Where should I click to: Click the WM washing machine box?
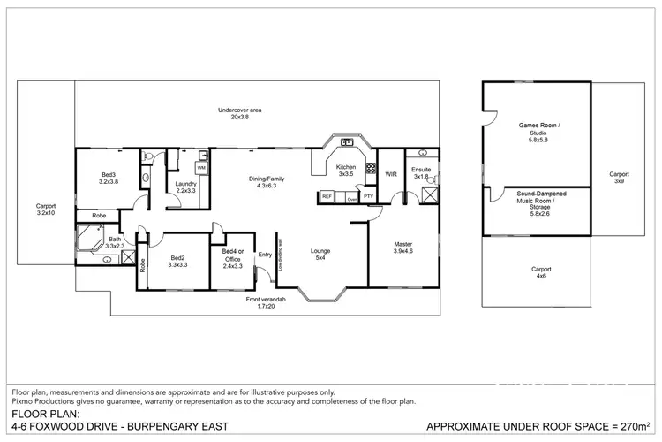click(201, 167)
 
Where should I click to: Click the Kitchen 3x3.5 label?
click(346, 171)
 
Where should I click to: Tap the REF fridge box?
click(327, 196)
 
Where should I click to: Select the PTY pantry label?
click(368, 196)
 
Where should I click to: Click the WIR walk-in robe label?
click(391, 174)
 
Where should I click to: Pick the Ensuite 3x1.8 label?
click(421, 173)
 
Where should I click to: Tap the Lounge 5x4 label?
click(320, 255)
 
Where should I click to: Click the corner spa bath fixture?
click(90, 238)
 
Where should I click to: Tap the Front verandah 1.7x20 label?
click(265, 303)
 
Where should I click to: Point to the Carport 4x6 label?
click(541, 272)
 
